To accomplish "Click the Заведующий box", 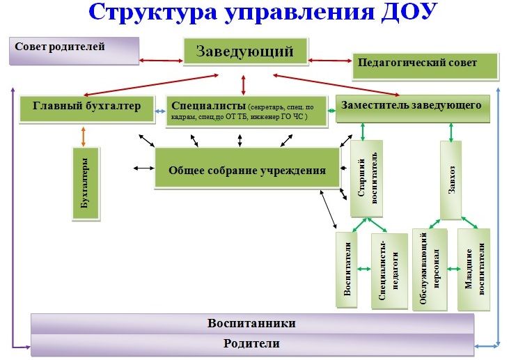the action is (245, 52).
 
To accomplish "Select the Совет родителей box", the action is (75, 51).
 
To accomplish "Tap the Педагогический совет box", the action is (425, 66).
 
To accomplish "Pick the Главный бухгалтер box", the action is (86, 109).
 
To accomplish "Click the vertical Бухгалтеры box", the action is (86, 184).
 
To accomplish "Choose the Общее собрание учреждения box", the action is (247, 168).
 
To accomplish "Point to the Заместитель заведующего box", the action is (413, 109).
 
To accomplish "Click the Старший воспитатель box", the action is (366, 178).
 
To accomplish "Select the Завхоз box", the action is (451, 180).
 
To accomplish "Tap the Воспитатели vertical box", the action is (347, 269).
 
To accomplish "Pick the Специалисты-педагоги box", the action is (389, 271).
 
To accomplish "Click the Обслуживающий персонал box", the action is (430, 269).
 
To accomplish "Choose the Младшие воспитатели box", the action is (473, 269).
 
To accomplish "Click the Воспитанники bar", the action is (253, 324).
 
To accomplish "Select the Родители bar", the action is (253, 344).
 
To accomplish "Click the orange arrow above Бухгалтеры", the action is (84, 136).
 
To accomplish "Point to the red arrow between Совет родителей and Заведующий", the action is (162, 61).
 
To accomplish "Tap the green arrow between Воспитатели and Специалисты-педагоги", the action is (364, 269).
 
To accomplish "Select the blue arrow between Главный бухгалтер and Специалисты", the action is (160, 111).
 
